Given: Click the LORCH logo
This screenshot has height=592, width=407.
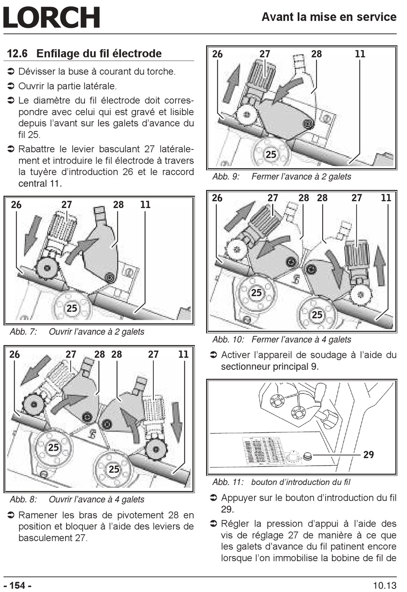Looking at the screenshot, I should (x=51, y=18).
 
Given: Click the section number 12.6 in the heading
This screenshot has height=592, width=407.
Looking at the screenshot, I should (x=17, y=54).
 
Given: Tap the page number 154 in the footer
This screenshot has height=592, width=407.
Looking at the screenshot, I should (x=17, y=585).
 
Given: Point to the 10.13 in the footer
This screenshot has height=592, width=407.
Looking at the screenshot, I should (x=384, y=585).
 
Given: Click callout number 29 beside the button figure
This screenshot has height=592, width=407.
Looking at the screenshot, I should (x=368, y=455).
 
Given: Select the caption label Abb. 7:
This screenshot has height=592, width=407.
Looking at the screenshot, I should (x=24, y=332).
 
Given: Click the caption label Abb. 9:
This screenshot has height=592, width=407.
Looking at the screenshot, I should (x=226, y=177).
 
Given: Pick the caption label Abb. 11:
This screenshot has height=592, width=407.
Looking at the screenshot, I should (x=228, y=482).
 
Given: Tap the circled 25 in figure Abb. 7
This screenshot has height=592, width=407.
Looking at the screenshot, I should (x=72, y=308).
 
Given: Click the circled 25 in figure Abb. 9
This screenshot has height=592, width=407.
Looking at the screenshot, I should (x=271, y=154).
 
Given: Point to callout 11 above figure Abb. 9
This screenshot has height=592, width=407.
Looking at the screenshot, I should (x=360, y=54).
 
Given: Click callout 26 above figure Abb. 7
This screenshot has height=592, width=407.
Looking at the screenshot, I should (x=16, y=205).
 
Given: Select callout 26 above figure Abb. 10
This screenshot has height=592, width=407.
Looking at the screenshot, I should (x=217, y=198).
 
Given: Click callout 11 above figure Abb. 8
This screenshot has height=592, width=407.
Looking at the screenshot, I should (x=183, y=354).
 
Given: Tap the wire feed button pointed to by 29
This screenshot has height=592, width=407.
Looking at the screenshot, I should (x=307, y=456).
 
